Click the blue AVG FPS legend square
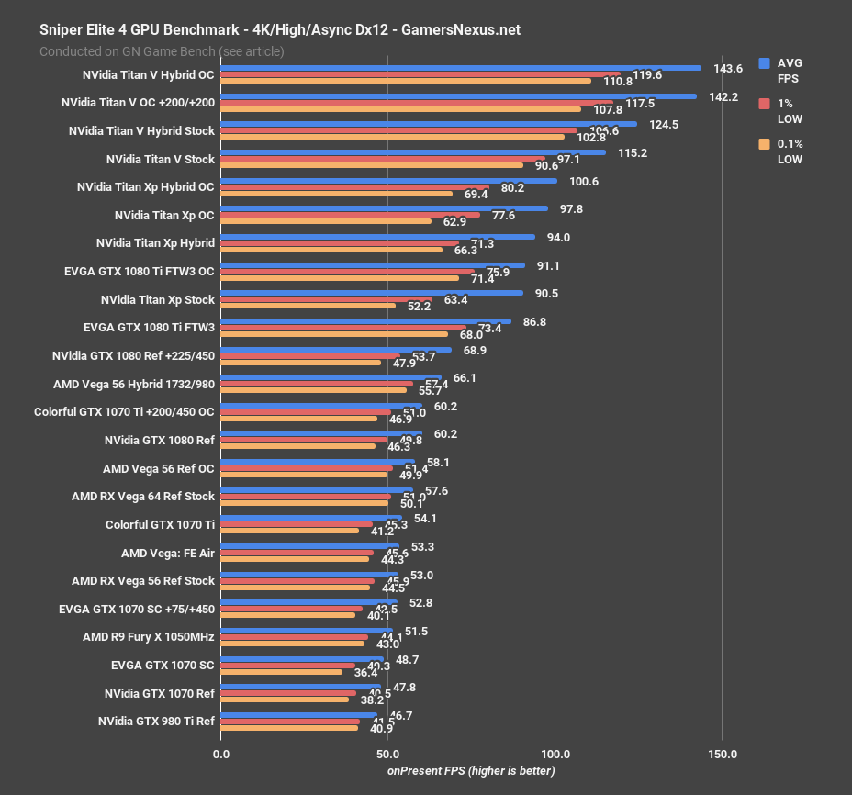764,63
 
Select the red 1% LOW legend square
764,104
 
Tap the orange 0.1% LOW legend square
764,144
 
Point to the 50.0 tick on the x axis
387,754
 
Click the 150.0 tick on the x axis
722,754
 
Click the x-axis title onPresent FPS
470,771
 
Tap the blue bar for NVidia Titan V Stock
413,152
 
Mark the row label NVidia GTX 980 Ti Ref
156,721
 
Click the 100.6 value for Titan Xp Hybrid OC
584,181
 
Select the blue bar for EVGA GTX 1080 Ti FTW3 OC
373,265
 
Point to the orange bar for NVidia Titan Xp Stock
308,306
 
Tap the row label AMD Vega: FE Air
168,553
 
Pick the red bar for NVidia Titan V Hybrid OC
420,74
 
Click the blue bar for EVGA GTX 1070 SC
302,658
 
